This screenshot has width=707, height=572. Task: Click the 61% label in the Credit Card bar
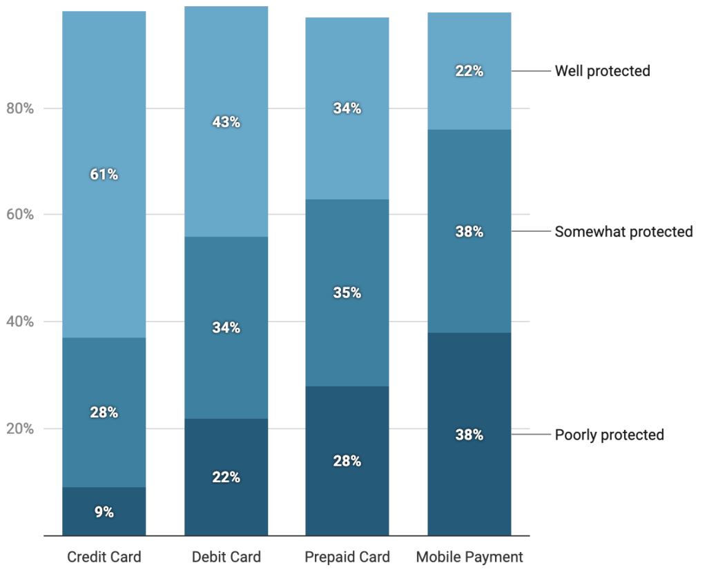104,175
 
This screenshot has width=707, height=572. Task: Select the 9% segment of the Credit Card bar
104,511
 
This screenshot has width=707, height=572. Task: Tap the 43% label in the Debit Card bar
226,122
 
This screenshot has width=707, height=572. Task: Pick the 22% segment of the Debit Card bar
226,477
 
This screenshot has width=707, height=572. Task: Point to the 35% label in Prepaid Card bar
347,293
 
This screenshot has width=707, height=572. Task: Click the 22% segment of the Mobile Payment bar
469,71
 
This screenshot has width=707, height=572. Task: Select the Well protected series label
602,71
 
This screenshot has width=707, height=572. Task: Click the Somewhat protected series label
623,232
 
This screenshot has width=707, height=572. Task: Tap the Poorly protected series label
609,435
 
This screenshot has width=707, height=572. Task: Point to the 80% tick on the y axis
19,108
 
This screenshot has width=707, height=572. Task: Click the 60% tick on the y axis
19,215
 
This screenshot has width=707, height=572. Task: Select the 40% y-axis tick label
19,322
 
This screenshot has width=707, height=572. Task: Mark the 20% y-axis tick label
19,428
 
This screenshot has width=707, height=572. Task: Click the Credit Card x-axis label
104,557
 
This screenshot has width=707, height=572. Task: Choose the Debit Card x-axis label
226,557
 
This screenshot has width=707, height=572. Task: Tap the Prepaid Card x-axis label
347,557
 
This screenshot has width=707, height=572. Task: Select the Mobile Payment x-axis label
469,557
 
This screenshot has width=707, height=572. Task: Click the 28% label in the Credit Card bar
104,413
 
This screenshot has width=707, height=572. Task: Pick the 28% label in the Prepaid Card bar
347,461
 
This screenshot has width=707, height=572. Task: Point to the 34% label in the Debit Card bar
226,328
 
